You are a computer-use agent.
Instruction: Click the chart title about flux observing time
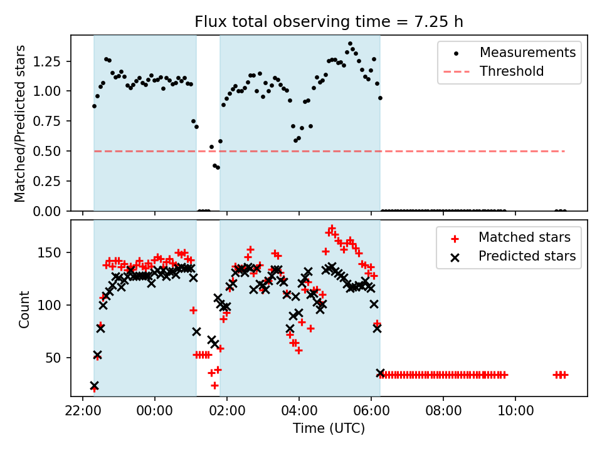pyautogui.click(x=329, y=23)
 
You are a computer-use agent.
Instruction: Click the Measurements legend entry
pyautogui.click(x=527, y=53)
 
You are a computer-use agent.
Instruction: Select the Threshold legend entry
pyautogui.click(x=512, y=71)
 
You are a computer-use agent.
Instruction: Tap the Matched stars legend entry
pyautogui.click(x=524, y=237)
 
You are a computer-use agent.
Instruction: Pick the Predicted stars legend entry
pyautogui.click(x=527, y=256)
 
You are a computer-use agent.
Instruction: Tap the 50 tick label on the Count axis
pyautogui.click(x=58, y=358)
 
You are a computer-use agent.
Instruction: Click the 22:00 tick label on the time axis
pyautogui.click(x=83, y=413)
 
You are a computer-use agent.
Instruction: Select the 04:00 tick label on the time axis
pyautogui.click(x=299, y=413)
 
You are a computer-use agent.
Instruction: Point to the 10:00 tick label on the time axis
pyautogui.click(x=515, y=413)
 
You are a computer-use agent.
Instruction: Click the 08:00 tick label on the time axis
pyautogui.click(x=443, y=413)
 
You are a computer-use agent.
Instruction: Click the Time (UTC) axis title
pyautogui.click(x=329, y=429)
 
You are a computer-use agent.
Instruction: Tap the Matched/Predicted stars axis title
pyautogui.click(x=21, y=123)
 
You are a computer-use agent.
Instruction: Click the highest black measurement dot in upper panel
pyautogui.click(x=350, y=44)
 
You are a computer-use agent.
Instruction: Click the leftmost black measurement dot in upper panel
pyautogui.click(x=94, y=106)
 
